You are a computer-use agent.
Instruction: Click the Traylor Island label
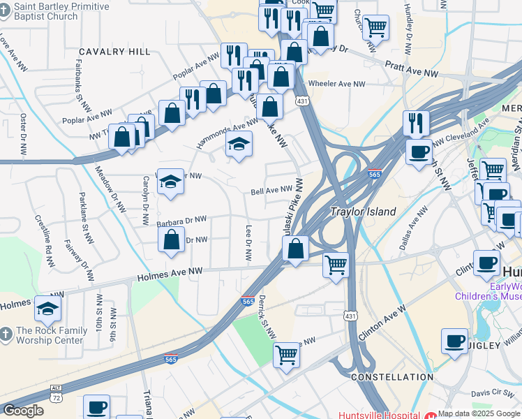click(363, 212)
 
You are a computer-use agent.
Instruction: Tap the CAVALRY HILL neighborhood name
click(114, 52)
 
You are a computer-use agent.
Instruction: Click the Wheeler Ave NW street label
click(337, 84)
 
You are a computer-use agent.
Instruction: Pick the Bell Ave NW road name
click(271, 190)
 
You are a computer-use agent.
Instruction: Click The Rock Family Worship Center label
click(49, 335)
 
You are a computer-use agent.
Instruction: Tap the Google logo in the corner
click(23, 411)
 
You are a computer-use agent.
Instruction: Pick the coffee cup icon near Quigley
click(454, 341)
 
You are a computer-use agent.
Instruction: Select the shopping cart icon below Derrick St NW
click(287, 355)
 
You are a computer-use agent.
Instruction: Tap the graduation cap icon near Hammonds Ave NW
click(239, 144)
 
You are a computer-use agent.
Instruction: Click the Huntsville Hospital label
click(380, 414)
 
